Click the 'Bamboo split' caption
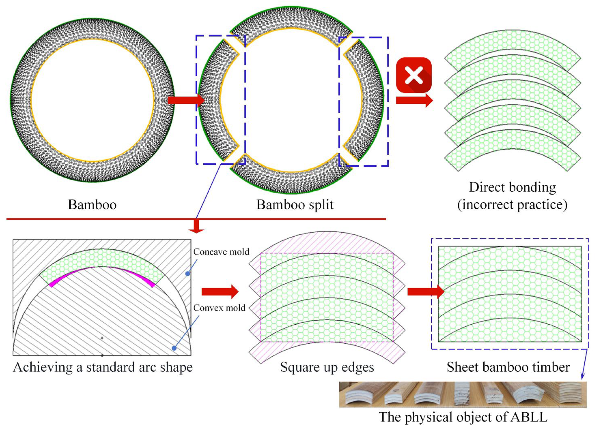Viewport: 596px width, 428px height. pos(295,205)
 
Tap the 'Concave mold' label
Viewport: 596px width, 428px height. pos(221,252)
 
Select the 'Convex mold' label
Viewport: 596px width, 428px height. pos(219,308)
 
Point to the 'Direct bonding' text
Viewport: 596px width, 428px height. pos(512,187)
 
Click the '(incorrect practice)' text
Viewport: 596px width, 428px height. pos(512,205)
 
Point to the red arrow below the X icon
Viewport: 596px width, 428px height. pos(414,101)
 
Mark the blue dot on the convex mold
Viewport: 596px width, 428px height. pos(174,348)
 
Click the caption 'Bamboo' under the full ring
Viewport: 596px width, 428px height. pos(92,205)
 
